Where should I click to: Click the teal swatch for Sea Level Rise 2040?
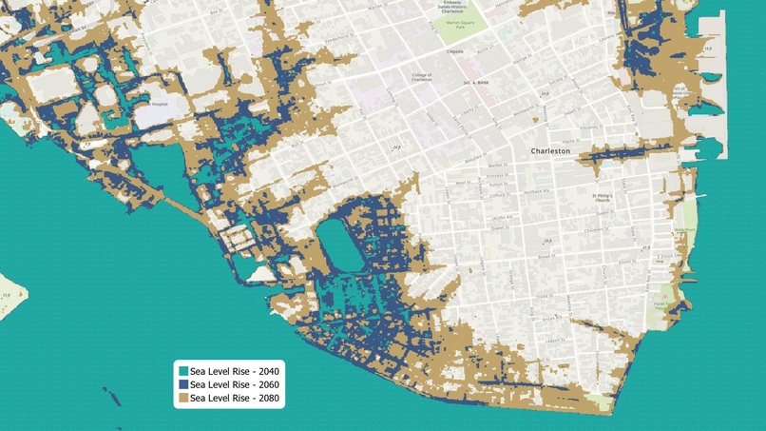[x=183, y=371]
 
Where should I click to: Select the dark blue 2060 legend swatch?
[x=183, y=384]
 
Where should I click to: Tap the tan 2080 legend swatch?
[x=183, y=398]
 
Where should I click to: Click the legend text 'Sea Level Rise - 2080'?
[x=235, y=398]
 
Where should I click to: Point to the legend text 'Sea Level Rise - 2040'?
[x=235, y=371]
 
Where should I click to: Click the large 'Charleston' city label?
[x=550, y=151]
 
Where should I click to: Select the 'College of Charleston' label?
[x=422, y=77]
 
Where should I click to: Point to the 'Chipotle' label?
[x=455, y=51]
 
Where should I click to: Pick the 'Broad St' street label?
[x=546, y=256]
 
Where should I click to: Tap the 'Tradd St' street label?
[x=543, y=297]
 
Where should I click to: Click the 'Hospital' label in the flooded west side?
[x=159, y=104]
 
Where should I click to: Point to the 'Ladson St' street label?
[x=554, y=339]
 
